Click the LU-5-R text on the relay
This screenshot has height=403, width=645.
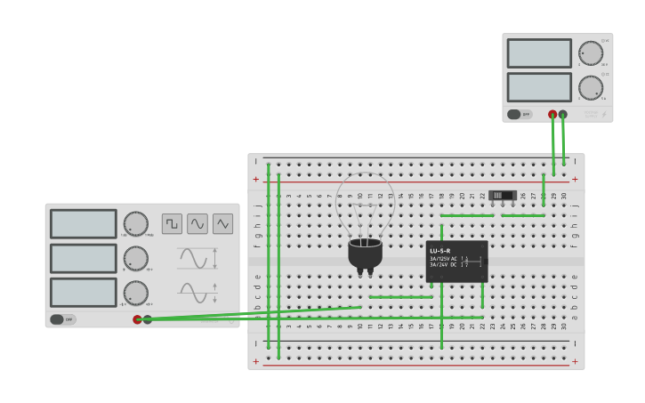(440, 251)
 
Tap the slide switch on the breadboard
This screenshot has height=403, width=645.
(503, 195)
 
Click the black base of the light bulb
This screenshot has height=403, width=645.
(365, 254)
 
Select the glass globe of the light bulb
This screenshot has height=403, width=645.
(365, 205)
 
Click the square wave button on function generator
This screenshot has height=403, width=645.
(172, 223)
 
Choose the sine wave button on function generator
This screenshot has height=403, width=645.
(198, 223)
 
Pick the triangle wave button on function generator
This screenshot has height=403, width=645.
(222, 223)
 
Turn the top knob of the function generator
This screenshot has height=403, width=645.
(135, 223)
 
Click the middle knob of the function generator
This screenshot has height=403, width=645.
(135, 258)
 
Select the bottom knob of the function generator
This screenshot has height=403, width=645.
(135, 293)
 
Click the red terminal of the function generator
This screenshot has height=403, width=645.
(137, 319)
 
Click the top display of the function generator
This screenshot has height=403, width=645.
(84, 223)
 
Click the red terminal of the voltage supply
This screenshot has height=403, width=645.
(552, 115)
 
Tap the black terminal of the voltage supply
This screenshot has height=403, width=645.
(563, 115)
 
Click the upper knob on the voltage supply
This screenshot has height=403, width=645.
(590, 53)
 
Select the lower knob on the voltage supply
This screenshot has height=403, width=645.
(590, 87)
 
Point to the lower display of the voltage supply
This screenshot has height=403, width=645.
(539, 87)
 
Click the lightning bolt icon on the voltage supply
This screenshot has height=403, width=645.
(605, 114)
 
